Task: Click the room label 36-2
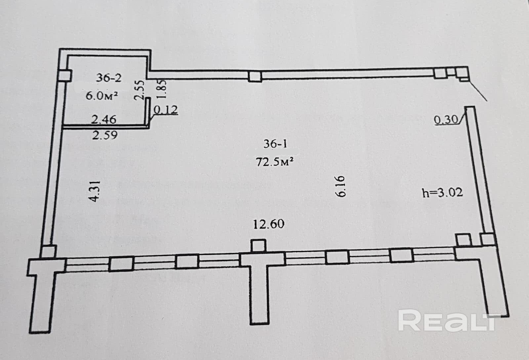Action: coord(109,78)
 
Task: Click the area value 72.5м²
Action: coord(275,162)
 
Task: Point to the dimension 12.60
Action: coord(268,224)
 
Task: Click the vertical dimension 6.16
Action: coord(341,186)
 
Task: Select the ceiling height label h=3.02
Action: coord(442,192)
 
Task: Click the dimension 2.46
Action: coord(104,119)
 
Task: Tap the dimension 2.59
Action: coord(104,135)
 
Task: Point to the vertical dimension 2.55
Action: coord(140,90)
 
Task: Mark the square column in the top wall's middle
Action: coord(255,77)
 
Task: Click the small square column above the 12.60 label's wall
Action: coord(258,246)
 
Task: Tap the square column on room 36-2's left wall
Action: coord(65,76)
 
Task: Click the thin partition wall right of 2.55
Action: coord(149,111)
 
